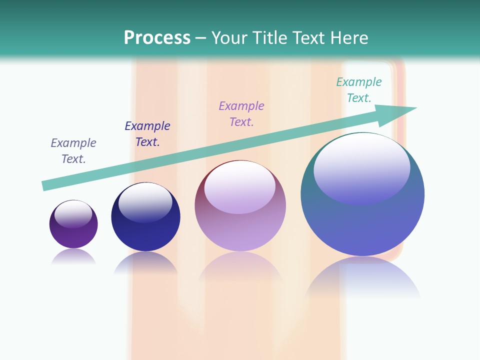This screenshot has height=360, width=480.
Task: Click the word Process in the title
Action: [x=157, y=38]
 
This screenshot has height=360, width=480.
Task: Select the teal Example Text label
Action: [x=358, y=90]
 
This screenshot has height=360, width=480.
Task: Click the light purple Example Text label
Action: [x=241, y=114]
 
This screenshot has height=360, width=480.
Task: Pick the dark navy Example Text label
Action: [x=147, y=134]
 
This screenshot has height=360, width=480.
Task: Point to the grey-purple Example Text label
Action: [x=73, y=151]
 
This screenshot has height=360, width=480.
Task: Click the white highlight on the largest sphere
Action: [x=361, y=167]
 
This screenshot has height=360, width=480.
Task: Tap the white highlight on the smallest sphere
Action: [x=73, y=213]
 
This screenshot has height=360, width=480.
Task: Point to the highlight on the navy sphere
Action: [x=145, y=202]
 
